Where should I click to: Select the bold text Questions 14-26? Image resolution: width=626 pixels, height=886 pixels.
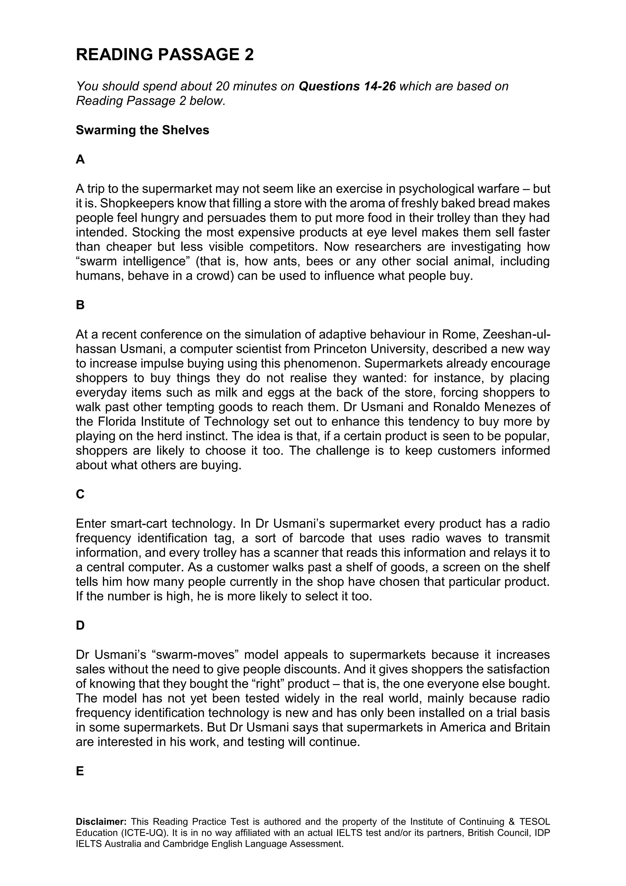[x=347, y=86]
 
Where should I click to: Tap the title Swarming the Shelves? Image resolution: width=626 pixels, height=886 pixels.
[x=142, y=130]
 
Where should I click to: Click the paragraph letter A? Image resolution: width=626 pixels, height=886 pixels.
[x=80, y=159]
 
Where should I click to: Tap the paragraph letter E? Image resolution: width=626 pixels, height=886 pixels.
[x=80, y=771]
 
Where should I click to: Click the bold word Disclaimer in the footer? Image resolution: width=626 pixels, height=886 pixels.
[x=101, y=822]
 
